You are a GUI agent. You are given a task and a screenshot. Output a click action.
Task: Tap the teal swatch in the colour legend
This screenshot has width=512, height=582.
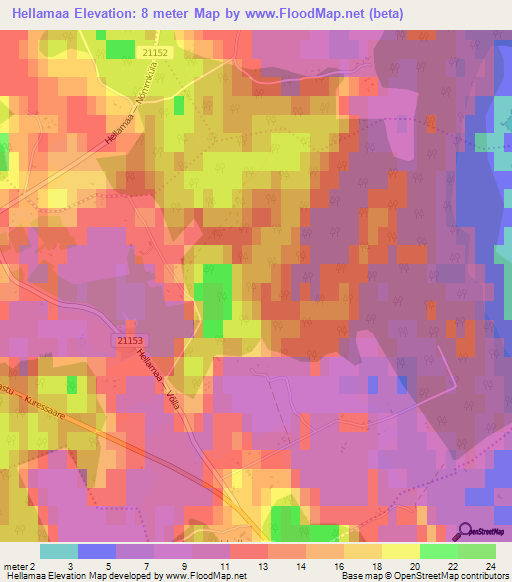[x=59, y=551]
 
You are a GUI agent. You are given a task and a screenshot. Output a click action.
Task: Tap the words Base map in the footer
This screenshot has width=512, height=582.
[x=358, y=577]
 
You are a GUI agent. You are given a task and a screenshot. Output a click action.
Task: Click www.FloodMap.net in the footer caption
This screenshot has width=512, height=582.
[x=206, y=577]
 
